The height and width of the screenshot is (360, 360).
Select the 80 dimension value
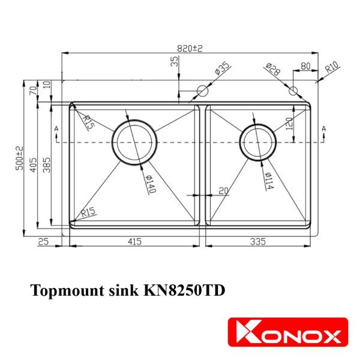coord(305,67)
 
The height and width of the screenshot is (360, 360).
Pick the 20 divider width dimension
coord(224,191)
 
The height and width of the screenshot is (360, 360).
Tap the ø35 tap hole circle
coord(202,91)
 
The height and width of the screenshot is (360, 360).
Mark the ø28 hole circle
coord(293,91)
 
